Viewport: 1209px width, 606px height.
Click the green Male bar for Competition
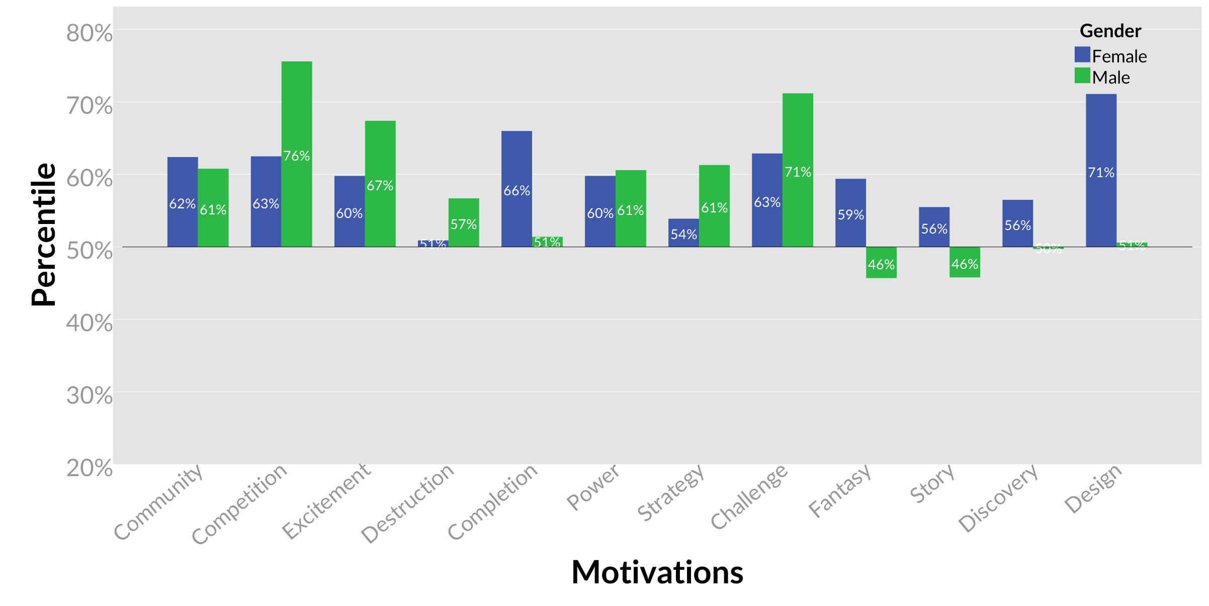297,111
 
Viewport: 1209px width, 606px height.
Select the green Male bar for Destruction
464,211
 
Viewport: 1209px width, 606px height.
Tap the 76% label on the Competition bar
297,156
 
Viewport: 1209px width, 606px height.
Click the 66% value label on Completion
516,191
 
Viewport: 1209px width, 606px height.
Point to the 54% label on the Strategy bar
683,235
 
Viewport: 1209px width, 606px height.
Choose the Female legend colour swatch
1082,54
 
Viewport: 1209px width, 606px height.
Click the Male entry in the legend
1110,78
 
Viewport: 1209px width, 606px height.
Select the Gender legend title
1110,31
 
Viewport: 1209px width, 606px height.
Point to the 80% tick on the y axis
90,33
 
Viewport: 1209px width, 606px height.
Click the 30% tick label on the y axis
90,396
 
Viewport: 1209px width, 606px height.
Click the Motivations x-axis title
657,572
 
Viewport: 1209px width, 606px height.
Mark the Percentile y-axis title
43,235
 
